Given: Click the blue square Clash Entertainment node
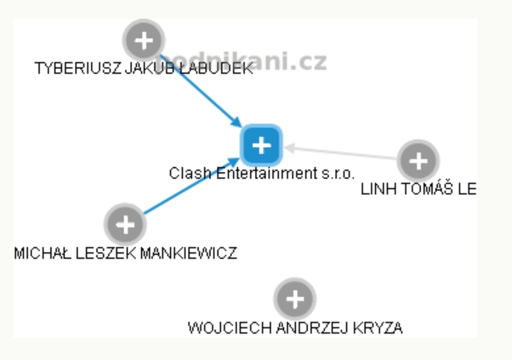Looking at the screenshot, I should (x=261, y=145).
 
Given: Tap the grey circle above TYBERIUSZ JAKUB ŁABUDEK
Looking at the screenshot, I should (x=143, y=41).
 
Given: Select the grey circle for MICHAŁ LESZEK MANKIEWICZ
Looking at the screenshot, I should (x=125, y=224).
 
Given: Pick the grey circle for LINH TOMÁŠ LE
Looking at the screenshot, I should (x=418, y=161).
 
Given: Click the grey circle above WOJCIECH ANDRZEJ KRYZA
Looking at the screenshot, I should (x=295, y=299).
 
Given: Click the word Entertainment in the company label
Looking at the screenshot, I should (x=264, y=174).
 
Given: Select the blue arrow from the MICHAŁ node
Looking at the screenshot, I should (x=190, y=187).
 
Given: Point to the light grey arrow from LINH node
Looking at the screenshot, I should (x=342, y=153).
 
